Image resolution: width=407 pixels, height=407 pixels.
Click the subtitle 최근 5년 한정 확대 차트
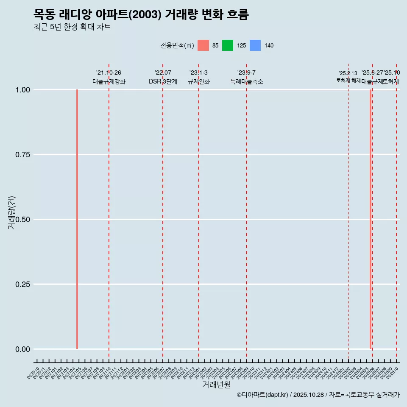pyautogui.click(x=72, y=27)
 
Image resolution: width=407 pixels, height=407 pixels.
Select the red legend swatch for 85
pyautogui.click(x=203, y=45)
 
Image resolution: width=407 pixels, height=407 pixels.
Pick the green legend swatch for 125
pyautogui.click(x=228, y=45)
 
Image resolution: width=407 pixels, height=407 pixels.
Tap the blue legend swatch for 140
pyautogui.click(x=255, y=45)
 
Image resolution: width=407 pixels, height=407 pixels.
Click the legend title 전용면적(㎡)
pyautogui.click(x=177, y=45)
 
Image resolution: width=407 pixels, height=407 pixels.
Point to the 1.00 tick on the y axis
pyautogui.click(x=22, y=90)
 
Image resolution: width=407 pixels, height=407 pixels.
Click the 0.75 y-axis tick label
pyautogui.click(x=22, y=155)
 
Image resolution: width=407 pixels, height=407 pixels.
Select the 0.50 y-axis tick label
pyautogui.click(x=22, y=220)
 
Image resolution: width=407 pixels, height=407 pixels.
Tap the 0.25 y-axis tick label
pyautogui.click(x=22, y=284)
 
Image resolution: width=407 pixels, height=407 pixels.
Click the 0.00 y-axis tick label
pyautogui.click(x=22, y=349)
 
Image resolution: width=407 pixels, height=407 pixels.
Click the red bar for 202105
pyautogui.click(x=77, y=219)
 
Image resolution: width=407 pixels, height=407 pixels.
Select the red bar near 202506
pyautogui.click(x=371, y=219)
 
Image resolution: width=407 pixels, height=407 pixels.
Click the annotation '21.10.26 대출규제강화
pyautogui.click(x=109, y=77)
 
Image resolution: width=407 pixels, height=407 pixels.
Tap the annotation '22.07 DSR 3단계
pyautogui.click(x=163, y=77)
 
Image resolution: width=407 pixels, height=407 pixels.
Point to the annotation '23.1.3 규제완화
pyautogui.click(x=198, y=77)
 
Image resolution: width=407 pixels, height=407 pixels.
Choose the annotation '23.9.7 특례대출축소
pyautogui.click(x=246, y=77)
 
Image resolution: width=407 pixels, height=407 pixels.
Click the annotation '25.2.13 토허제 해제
pyautogui.click(x=348, y=77)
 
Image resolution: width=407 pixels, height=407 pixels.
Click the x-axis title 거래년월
pyautogui.click(x=216, y=385)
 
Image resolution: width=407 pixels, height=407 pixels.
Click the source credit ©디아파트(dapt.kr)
pyautogui.click(x=263, y=395)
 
